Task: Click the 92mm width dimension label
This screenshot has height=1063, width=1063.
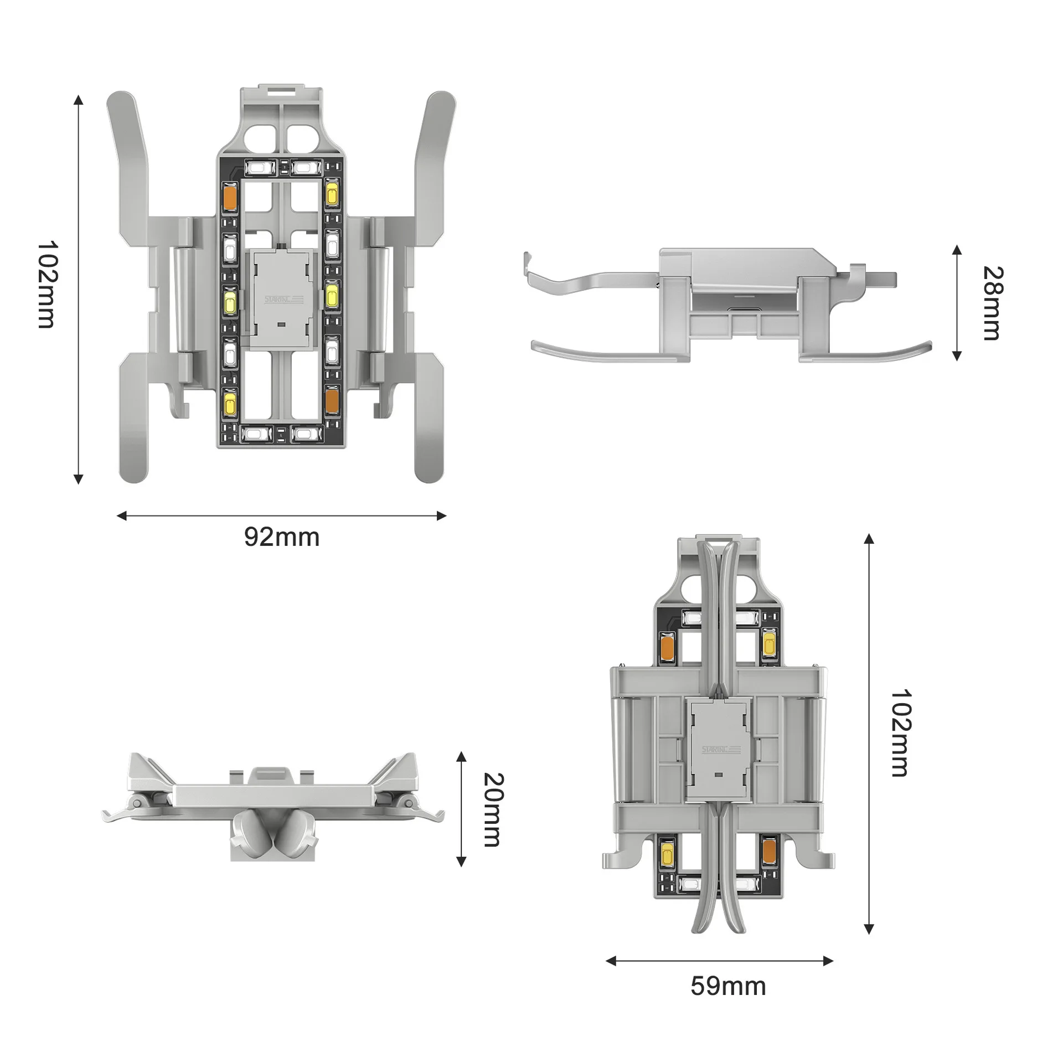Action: (x=282, y=538)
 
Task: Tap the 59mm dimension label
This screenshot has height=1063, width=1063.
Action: (x=728, y=986)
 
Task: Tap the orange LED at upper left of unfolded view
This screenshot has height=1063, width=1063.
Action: (x=230, y=197)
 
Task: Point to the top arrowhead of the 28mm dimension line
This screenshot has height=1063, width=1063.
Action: (x=957, y=250)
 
